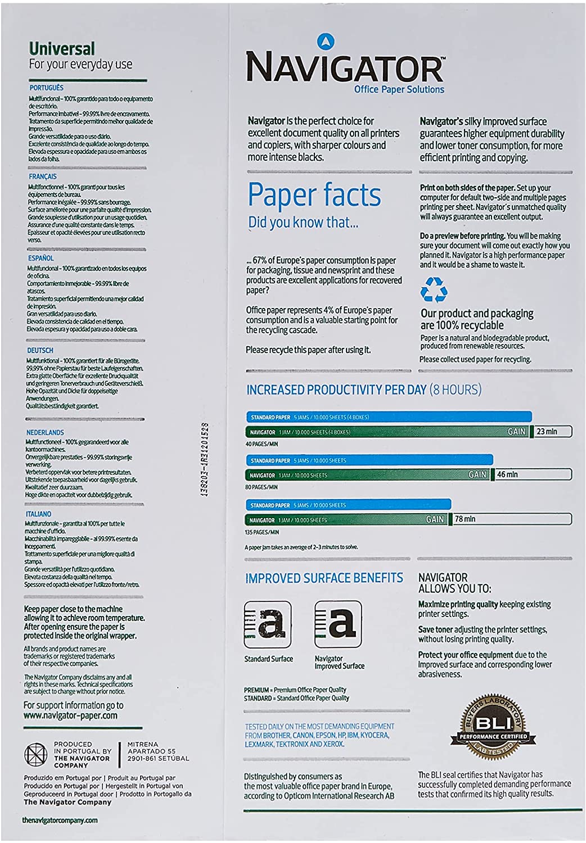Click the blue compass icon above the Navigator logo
point(326,41)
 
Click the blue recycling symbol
point(434,291)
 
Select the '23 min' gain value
point(547,432)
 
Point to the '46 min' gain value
point(507,475)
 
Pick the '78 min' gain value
point(465,519)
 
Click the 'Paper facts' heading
point(314,195)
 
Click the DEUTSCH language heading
point(40,350)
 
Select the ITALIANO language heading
point(39,514)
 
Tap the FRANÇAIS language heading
point(43,176)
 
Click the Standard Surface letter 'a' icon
point(268,624)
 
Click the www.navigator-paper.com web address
point(70,716)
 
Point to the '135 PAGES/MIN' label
point(262,532)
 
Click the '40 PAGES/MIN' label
point(262,444)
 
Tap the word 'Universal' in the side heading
point(62,49)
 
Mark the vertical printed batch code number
point(205,459)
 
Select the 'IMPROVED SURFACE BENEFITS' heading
point(324,578)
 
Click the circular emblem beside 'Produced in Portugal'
point(35,754)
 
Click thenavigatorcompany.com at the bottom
point(60,821)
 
